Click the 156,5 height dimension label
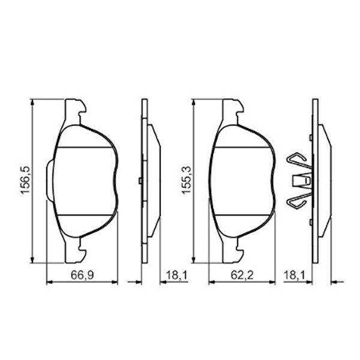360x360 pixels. tap(25, 180)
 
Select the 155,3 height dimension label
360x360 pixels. tap(186, 180)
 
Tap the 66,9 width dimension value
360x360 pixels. tap(82, 275)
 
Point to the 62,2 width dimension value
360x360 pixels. tap(242, 275)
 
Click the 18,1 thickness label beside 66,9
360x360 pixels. tap(177, 275)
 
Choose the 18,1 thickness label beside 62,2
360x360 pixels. tap(295, 275)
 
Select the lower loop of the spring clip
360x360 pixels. tap(298, 200)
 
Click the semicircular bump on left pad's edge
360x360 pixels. tap(50, 180)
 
